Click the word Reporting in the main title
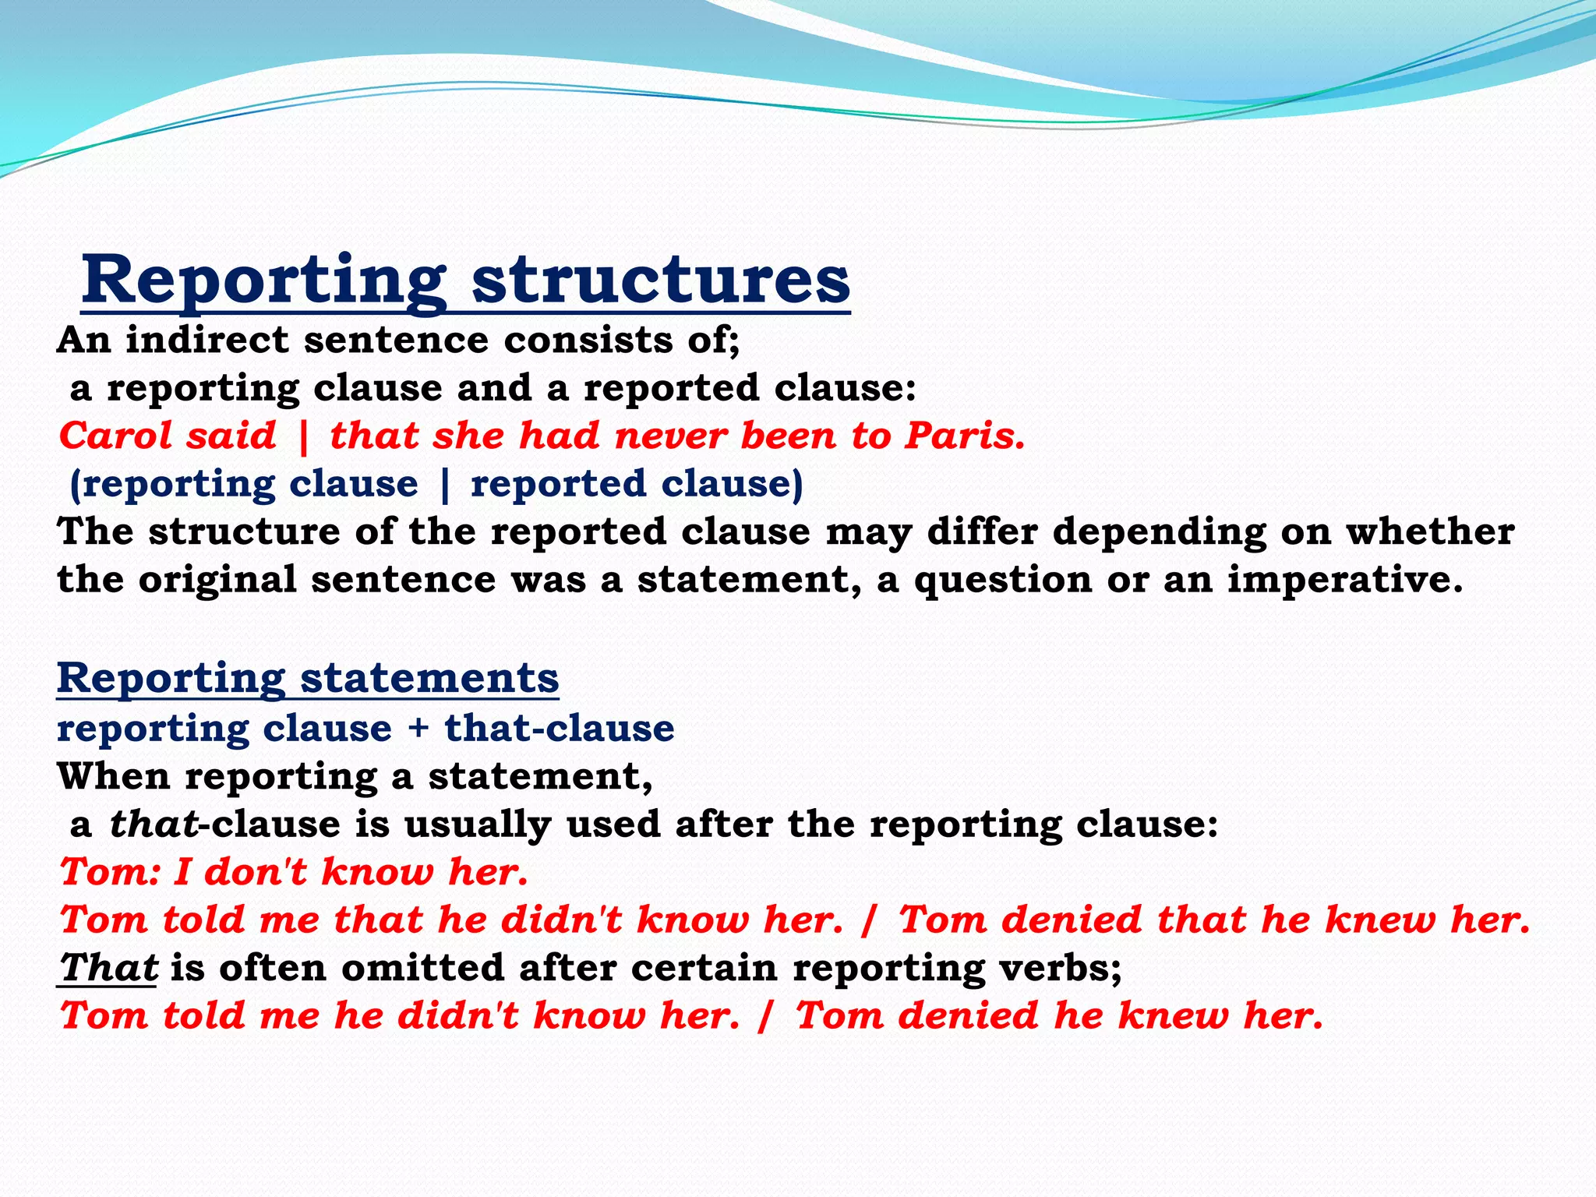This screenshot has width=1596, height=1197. click(263, 282)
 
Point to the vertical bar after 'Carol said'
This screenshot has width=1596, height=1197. click(304, 436)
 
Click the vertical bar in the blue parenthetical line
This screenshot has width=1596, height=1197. click(445, 485)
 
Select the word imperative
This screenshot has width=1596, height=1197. click(1345, 580)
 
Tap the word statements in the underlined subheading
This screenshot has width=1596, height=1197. click(429, 678)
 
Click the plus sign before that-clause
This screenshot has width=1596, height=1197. click(418, 729)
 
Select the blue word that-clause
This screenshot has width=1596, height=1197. click(559, 728)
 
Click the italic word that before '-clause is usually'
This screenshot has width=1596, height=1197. click(154, 824)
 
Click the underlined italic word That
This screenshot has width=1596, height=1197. click(108, 968)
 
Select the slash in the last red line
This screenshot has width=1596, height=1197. click(767, 1016)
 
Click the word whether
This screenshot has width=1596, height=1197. click(1430, 531)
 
